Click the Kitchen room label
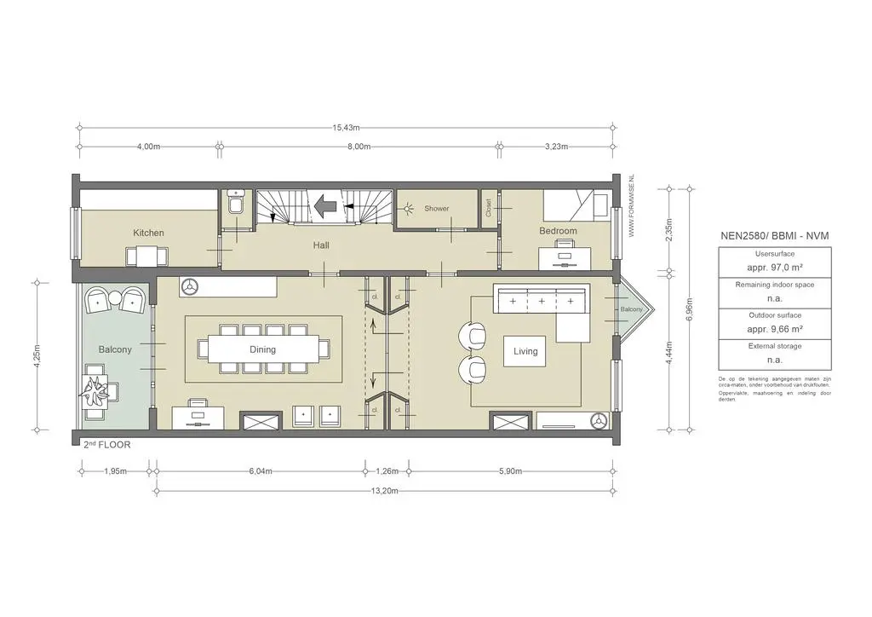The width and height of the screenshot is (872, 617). pyautogui.click(x=148, y=233)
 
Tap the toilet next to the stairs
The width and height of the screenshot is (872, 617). pyautogui.click(x=236, y=205)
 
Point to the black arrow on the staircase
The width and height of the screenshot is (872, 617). pyautogui.click(x=324, y=205)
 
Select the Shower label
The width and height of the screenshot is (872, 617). pyautogui.click(x=436, y=208)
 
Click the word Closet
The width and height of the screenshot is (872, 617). pyautogui.click(x=489, y=208)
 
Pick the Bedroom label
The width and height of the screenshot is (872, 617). pyautogui.click(x=558, y=231)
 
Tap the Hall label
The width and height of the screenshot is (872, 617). pyautogui.click(x=320, y=245)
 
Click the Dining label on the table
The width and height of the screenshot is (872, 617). pyautogui.click(x=262, y=349)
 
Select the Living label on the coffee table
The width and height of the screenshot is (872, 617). pyautogui.click(x=525, y=351)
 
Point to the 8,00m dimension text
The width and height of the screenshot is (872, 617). pyautogui.click(x=359, y=147)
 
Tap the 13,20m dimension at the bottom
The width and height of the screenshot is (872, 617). pyautogui.click(x=386, y=491)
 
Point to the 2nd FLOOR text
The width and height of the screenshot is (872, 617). pyautogui.click(x=107, y=444)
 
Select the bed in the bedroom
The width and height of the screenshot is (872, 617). pyautogui.click(x=577, y=205)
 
